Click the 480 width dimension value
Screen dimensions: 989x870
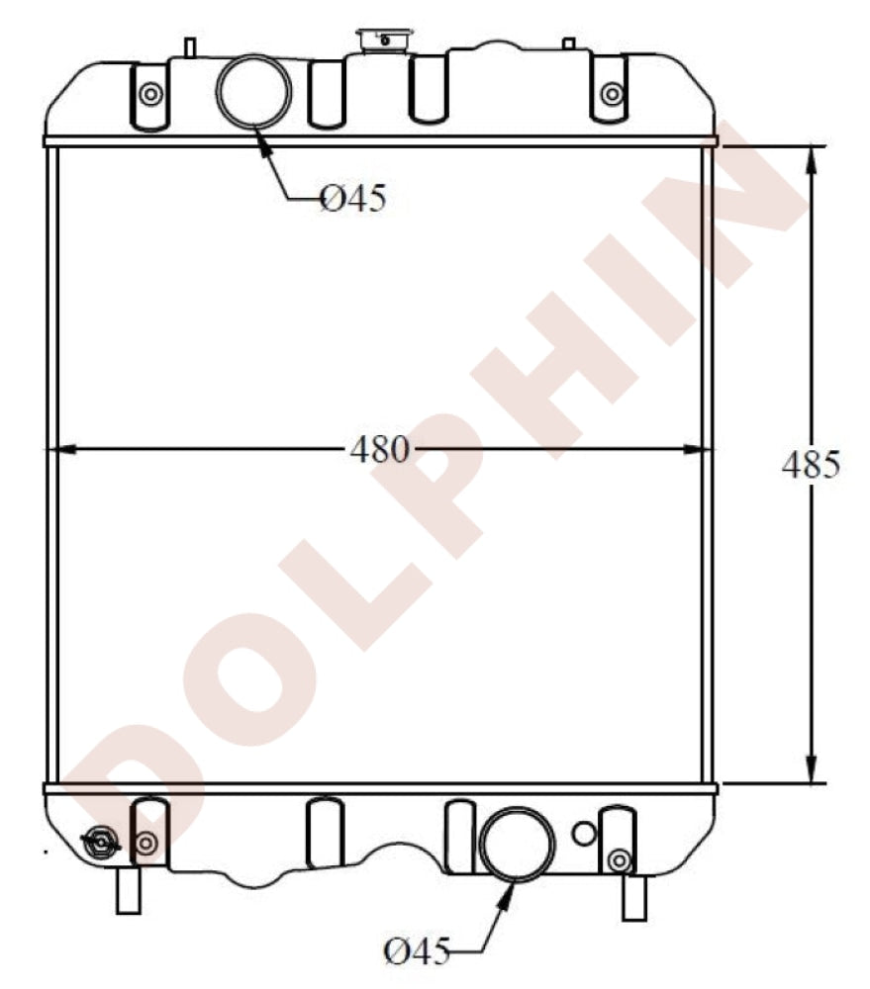(379, 450)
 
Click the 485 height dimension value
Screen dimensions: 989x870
(811, 464)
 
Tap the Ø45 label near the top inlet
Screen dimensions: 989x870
(351, 200)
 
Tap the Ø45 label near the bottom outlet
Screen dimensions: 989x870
(416, 952)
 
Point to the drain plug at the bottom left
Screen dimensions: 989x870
(100, 844)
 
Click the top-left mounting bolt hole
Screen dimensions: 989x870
(150, 94)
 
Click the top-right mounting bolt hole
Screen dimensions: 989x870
(612, 94)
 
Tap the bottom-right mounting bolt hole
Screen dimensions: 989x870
(619, 859)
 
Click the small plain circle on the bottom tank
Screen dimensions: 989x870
(584, 833)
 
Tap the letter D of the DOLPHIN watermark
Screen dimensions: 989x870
(148, 791)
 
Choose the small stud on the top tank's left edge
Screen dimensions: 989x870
(190, 46)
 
